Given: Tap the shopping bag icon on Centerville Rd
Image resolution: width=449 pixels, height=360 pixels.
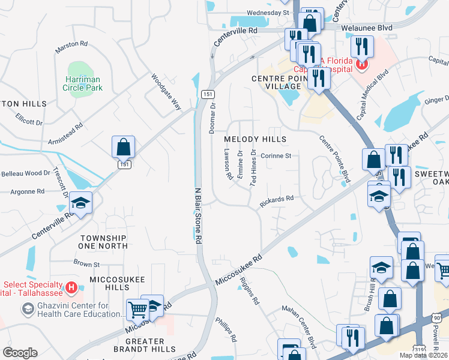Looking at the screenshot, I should coord(123,146).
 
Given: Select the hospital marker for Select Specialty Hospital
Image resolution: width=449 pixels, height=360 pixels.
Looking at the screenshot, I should coord(72,288).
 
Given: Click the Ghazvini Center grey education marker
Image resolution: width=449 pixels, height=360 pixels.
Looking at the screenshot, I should coord(28,308).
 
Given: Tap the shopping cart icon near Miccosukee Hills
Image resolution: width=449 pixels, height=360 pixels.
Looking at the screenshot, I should coord(138,310).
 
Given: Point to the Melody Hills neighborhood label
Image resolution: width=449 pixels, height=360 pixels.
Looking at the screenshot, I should coord(255,139).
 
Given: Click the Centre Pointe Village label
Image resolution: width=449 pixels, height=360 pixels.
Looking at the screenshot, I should coord(276,83).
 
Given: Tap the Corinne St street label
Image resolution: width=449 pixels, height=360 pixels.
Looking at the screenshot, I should coord(279,156).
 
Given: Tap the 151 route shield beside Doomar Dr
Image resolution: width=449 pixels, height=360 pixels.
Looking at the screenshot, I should coord(207,94).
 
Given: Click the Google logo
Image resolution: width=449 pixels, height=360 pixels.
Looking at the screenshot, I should coord(20,353).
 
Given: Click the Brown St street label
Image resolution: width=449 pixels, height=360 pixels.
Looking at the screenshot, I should coord(87,263).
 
